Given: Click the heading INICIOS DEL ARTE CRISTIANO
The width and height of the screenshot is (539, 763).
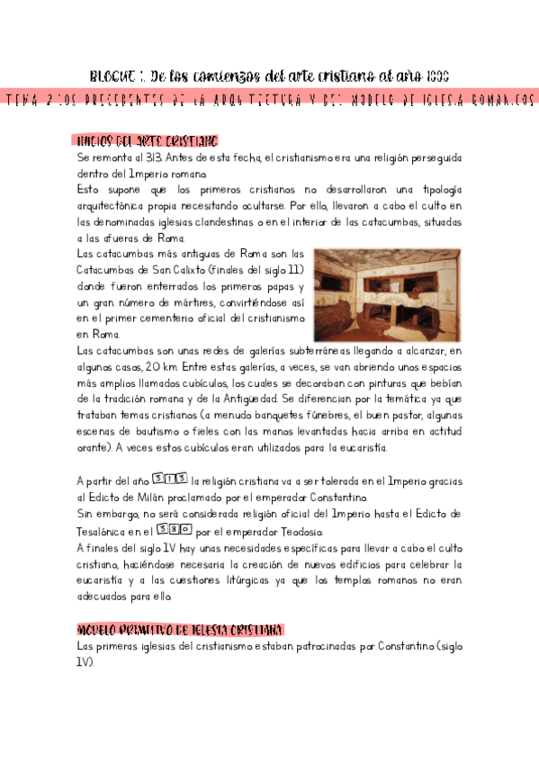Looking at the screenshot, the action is (143, 141).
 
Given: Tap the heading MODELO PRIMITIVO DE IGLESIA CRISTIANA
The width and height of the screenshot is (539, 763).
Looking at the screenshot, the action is (180, 629).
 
